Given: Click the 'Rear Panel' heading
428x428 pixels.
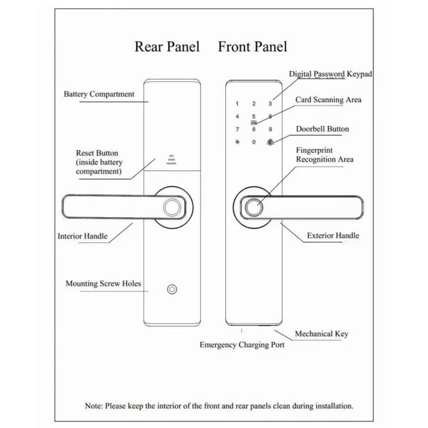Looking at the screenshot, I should click(x=167, y=47).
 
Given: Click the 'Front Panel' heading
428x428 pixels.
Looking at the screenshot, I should click(x=252, y=47).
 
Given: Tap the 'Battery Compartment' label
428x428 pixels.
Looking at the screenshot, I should click(x=99, y=94).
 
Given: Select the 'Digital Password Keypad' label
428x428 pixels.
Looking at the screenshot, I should click(x=330, y=74).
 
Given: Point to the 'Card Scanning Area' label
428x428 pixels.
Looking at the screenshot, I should click(x=328, y=100).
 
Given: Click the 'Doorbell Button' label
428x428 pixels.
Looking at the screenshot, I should click(x=322, y=129).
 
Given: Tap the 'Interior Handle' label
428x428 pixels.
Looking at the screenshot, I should click(x=82, y=236).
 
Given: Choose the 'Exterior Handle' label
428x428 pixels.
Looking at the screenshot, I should click(x=333, y=235).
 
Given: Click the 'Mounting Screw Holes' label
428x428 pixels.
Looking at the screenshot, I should click(x=103, y=284).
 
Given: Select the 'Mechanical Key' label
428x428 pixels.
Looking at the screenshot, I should click(x=321, y=334).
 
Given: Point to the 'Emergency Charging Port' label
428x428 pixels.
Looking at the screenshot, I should click(x=242, y=345).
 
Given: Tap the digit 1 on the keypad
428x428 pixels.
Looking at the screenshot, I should click(x=237, y=104).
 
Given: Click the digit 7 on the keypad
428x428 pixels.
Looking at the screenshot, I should click(x=237, y=129).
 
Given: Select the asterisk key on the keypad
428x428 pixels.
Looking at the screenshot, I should click(x=237, y=142).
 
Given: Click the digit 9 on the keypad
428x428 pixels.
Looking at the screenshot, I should click(x=270, y=129).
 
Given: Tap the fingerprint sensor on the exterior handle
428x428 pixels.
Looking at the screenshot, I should click(x=252, y=207).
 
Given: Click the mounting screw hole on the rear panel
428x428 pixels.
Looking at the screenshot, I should click(x=172, y=289).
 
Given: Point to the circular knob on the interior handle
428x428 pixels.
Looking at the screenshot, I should click(x=172, y=207).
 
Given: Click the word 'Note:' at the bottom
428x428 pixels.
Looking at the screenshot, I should click(x=94, y=406).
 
